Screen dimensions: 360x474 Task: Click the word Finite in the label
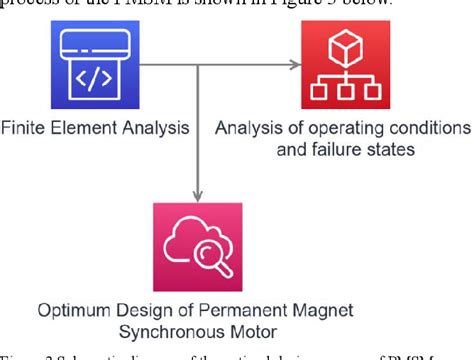click(x=22, y=130)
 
